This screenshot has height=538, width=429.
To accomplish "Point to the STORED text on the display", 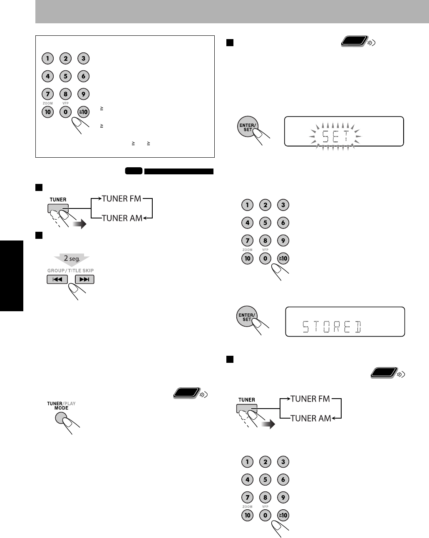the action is coord(332,327).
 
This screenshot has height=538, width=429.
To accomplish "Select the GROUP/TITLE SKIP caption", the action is coord(70,270).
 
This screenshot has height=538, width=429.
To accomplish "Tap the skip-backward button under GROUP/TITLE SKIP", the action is coord(57,279).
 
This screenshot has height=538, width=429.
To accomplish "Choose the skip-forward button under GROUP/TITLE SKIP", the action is coord(84,279).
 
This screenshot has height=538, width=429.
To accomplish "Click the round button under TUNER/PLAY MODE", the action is coord(61,418).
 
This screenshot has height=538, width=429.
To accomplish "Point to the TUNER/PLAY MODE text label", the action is coord(61,406).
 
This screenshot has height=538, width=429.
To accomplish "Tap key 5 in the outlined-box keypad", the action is coord(66,76).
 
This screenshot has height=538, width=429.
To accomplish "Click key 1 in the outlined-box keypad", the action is coord(48,59).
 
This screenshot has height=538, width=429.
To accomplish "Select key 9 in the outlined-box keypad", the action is coord(84,94).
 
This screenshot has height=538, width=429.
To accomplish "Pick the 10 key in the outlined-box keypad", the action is coord(48,112).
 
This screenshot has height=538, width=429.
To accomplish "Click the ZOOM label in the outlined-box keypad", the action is coord(47,103).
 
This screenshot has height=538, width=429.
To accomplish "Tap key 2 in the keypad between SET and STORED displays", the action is coord(265,205).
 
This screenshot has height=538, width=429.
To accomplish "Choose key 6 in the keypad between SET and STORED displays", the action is coord(283,223).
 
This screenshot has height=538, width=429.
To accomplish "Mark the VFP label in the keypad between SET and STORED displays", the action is coord(265,250).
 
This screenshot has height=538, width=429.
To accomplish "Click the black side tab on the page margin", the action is coord(11,275).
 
